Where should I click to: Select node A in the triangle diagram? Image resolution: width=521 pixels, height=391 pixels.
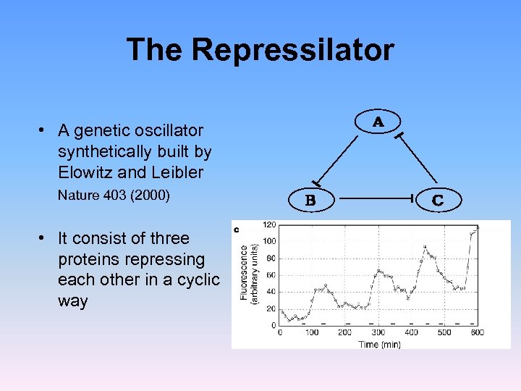pos(378,122)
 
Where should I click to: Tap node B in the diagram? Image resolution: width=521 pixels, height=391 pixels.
pos(310,199)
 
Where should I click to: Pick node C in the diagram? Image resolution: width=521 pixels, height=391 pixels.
pos(437,199)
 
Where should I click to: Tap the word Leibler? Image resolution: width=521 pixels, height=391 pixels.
pos(177,173)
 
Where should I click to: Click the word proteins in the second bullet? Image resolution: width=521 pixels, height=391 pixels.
pos(88,259)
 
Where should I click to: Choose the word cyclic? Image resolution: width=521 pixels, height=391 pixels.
pos(196,280)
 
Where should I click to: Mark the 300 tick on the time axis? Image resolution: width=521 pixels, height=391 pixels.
pos(377,333)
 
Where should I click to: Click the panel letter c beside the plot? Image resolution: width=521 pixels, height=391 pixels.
pos(236,230)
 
